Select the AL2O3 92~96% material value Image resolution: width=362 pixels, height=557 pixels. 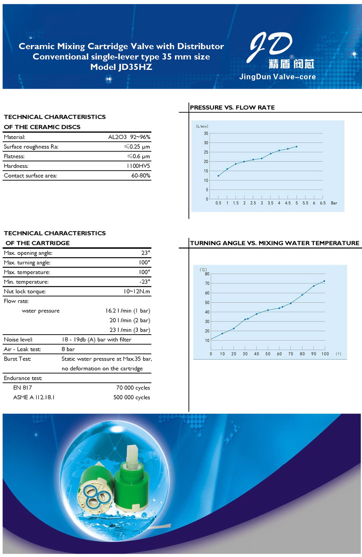pos(129,137)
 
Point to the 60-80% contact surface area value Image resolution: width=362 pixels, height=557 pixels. pos(140,176)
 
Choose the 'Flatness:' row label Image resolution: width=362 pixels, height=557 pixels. pos(14,157)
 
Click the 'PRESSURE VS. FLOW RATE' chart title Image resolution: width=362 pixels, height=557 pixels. pos(232,107)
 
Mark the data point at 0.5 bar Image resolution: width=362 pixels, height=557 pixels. pos(218,176)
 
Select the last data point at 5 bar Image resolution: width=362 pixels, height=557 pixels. pos(296,146)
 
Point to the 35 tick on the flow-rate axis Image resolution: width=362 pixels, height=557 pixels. pos(206,133)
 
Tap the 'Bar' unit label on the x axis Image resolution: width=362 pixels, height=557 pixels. pos(334,203)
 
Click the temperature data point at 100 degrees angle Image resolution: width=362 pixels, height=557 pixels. pos(324,281)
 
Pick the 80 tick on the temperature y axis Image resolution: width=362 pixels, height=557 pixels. pos(207,274)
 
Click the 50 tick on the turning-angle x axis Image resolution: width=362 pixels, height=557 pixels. pos(268,354)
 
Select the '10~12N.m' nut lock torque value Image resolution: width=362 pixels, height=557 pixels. pos(136,292)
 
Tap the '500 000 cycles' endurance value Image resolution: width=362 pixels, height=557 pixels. pos(131,397)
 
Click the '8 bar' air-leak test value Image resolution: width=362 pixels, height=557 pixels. pos(68,349)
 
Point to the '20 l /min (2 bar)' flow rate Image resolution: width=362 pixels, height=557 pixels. pos(130,320)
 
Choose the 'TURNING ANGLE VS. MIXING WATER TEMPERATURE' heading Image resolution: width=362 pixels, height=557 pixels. pos(275,243)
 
